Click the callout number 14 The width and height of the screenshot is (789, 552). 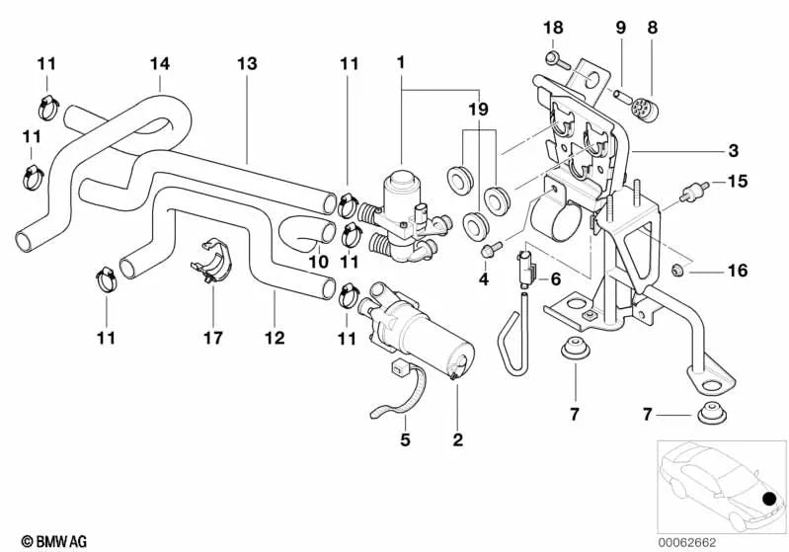pyautogui.click(x=160, y=63)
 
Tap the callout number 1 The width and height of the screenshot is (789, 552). pyautogui.click(x=401, y=62)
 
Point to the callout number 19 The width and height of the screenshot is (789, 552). pyautogui.click(x=478, y=110)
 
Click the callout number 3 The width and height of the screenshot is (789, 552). pyautogui.click(x=732, y=151)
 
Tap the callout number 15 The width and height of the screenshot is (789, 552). pyautogui.click(x=739, y=181)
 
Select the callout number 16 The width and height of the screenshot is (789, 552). pyautogui.click(x=739, y=270)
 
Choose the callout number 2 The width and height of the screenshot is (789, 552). pyautogui.click(x=457, y=439)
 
